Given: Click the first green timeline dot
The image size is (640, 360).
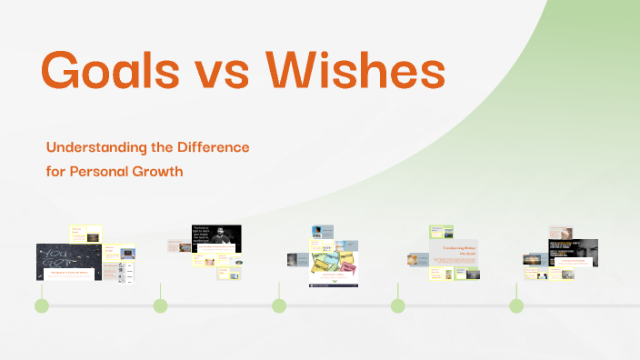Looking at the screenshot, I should coord(42,305).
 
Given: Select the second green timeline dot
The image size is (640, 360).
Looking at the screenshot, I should coord(160,305).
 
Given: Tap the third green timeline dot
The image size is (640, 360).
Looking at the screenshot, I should coord(279,305).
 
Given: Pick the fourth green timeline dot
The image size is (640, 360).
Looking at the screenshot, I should coord(397,305).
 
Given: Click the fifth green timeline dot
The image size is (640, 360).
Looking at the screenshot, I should coord(516,305).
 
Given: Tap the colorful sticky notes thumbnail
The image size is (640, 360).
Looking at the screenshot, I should coord(333,261).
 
